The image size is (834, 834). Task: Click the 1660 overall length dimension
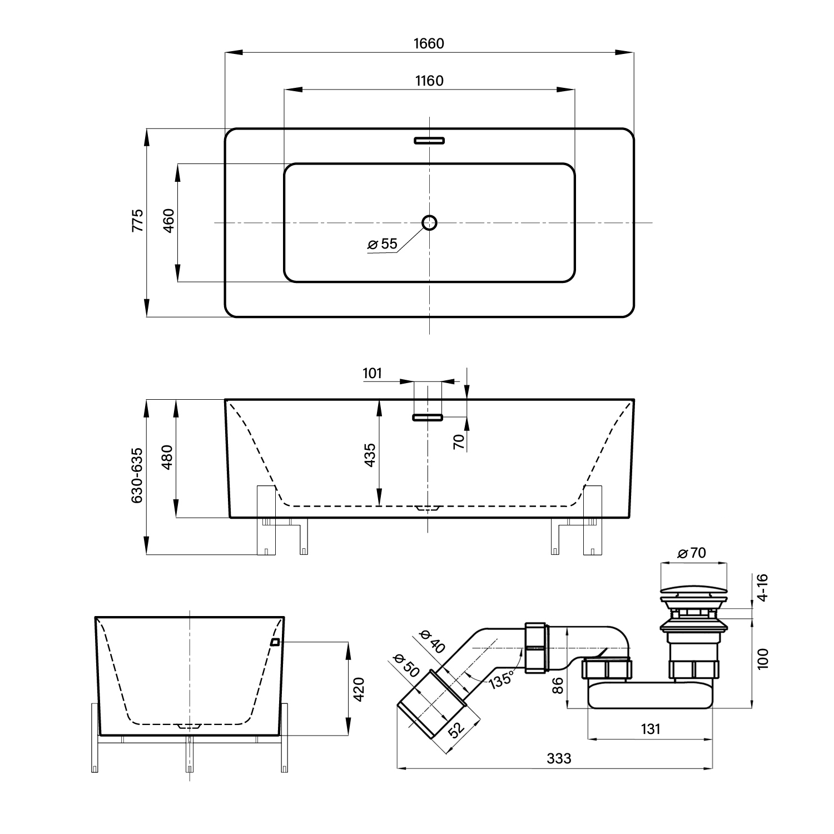tap(429, 43)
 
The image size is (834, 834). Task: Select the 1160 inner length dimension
tap(429, 81)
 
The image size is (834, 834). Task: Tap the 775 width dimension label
tap(137, 221)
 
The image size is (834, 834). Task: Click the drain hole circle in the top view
tap(429, 223)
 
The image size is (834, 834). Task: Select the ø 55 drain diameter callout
tap(383, 244)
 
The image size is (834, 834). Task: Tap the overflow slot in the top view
tap(429, 140)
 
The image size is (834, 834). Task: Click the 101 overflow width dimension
tap(373, 373)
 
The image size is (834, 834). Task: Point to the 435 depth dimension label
tap(370, 454)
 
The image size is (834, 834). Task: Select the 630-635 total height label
tap(137, 476)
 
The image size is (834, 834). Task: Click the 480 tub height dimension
tap(168, 457)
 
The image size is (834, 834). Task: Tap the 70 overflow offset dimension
tap(459, 441)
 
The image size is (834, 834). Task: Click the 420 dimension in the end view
tap(359, 689)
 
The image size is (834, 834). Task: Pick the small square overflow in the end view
tap(275, 642)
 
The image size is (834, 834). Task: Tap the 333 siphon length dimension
tap(559, 758)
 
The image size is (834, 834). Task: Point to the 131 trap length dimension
tap(651, 728)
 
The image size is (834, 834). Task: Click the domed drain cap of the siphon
tap(693, 588)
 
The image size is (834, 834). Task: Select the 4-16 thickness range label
tap(763, 587)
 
